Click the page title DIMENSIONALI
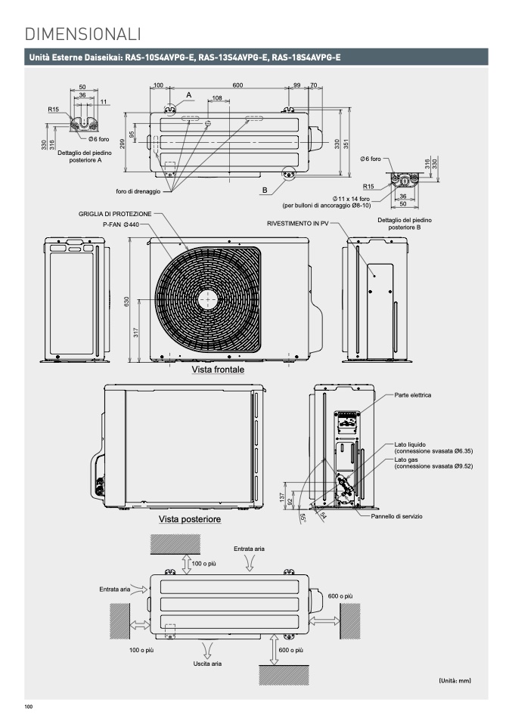(x=82, y=34)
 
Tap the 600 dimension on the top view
(x=237, y=85)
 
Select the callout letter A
(x=188, y=95)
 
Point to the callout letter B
(x=265, y=190)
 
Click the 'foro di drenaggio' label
(x=138, y=191)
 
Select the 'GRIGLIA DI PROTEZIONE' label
(x=115, y=214)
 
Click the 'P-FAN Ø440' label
(x=121, y=224)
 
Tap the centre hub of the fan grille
(x=208, y=300)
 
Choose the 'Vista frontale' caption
(x=218, y=370)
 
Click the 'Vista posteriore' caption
(x=190, y=519)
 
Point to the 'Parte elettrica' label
(x=413, y=395)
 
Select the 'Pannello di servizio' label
(x=396, y=516)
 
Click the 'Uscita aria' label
(x=207, y=664)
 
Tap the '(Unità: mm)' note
(x=455, y=680)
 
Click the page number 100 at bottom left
(x=29, y=707)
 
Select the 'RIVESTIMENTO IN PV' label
(x=297, y=224)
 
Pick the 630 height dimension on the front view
(x=127, y=301)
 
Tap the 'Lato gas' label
(x=406, y=460)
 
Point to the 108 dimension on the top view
(x=217, y=98)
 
